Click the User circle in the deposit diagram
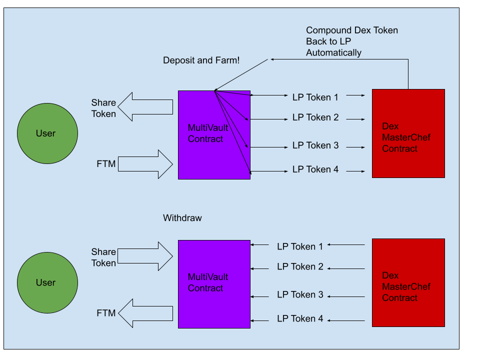point(47,133)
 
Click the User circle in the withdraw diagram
point(47,282)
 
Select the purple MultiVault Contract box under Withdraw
point(214,284)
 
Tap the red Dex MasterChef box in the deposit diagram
point(408,133)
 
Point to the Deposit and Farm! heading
point(201,60)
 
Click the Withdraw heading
point(182,218)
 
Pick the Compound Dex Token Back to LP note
point(352,41)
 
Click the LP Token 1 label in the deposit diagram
point(315,97)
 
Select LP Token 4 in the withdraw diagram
point(300,318)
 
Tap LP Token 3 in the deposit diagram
point(315,145)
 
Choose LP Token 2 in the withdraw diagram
point(300,266)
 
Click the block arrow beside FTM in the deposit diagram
point(145,164)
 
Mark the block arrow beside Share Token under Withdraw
point(145,256)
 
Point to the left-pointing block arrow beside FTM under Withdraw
point(145,313)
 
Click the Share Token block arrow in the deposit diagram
point(145,107)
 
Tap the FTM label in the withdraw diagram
point(106,313)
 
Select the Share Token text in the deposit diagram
point(103,108)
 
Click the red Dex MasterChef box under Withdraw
point(408,283)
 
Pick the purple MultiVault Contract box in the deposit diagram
point(214,135)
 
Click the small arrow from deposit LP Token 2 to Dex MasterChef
point(355,119)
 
